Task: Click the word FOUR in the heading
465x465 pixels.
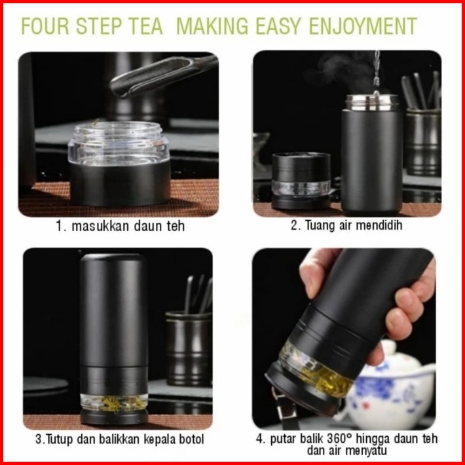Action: [x=45, y=26]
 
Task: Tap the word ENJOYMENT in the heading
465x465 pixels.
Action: [x=363, y=26]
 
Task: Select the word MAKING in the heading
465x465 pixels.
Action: [x=212, y=26]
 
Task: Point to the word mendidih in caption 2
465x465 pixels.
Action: [x=379, y=225]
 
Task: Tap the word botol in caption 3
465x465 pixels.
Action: [x=191, y=439]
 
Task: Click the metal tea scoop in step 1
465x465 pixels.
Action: [x=163, y=75]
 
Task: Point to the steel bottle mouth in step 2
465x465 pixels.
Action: [x=373, y=103]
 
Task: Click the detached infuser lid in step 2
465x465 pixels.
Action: [x=301, y=181]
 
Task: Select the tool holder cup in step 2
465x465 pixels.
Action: [x=423, y=142]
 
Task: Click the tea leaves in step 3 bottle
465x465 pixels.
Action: [x=114, y=403]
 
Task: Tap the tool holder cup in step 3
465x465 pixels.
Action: [x=189, y=349]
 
